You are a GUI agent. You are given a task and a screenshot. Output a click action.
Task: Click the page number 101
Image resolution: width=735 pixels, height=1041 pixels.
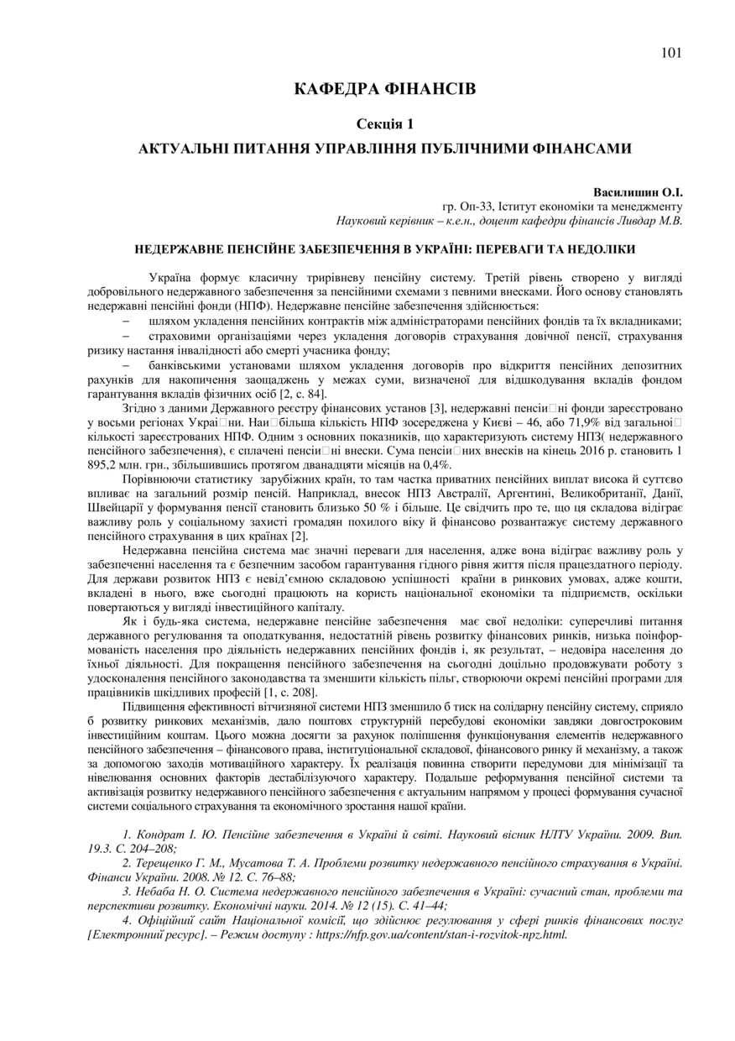tap(671, 53)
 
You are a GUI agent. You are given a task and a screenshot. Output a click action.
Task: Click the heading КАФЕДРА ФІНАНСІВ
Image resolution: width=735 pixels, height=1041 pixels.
tap(385, 89)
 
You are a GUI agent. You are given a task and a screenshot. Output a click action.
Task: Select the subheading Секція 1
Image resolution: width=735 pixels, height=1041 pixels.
tap(385, 124)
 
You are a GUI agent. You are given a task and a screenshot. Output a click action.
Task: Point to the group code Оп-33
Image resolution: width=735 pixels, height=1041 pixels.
tap(476, 207)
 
